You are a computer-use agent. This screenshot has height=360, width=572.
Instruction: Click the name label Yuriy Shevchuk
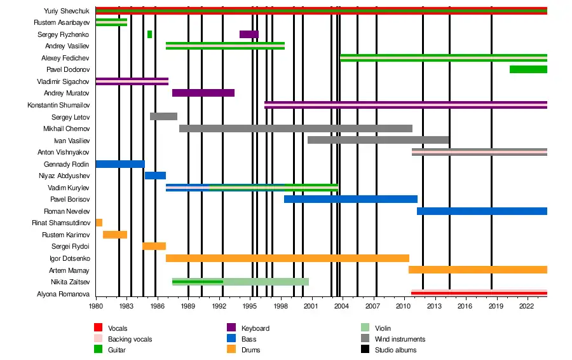[66, 11]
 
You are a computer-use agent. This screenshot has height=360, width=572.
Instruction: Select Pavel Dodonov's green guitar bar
[528, 69]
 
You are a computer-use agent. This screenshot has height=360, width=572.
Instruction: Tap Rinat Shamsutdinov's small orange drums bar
[99, 223]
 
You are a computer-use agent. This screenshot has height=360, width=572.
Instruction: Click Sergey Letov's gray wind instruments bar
[163, 116]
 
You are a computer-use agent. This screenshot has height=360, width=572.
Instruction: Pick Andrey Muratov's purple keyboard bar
[203, 93]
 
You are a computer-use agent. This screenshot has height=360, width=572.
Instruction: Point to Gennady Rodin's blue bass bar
[119, 164]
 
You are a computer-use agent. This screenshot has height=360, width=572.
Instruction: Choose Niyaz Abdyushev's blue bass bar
[155, 176]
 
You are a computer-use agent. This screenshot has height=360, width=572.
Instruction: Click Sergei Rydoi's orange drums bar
[154, 246]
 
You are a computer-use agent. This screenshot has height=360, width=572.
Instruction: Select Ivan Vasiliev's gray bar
[378, 140]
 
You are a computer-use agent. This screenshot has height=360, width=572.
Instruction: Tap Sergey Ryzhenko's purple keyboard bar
[249, 34]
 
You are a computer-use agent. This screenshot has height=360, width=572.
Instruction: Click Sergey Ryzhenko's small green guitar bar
[149, 34]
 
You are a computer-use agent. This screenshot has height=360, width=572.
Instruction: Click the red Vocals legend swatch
[99, 328]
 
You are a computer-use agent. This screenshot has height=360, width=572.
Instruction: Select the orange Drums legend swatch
[231, 349]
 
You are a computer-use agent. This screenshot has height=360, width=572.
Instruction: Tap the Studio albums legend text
[395, 349]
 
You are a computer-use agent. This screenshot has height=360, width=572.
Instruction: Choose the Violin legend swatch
[365, 328]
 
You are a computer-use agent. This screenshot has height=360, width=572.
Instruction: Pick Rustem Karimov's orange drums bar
[115, 235]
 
